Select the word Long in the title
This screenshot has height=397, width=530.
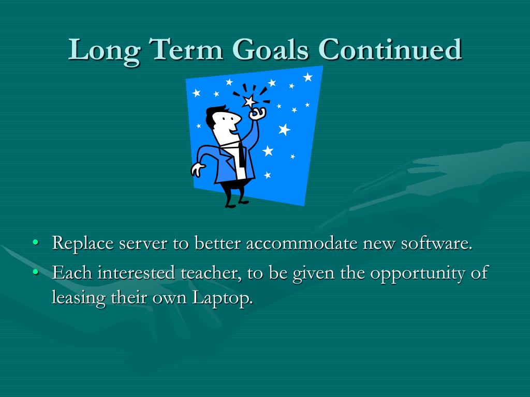point(105,51)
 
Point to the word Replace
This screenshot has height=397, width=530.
point(82,243)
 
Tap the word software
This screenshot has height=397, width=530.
point(436,242)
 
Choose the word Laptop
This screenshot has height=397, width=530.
point(223,298)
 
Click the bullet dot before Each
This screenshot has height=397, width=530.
point(36,271)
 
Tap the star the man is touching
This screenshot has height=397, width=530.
point(250,101)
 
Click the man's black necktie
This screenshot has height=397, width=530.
point(241,155)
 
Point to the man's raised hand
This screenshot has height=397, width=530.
point(258,113)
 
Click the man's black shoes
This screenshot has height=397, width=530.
point(237,204)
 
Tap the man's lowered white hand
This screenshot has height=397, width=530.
point(197,169)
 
